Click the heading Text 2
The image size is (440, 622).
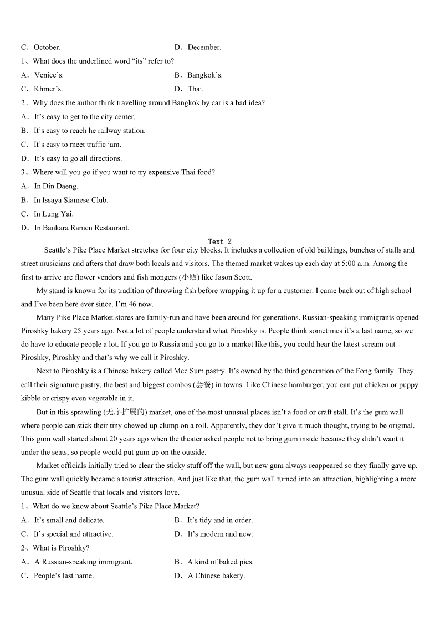tap(219, 241)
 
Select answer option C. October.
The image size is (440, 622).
tap(41, 48)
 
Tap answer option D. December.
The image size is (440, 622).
tap(198, 48)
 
